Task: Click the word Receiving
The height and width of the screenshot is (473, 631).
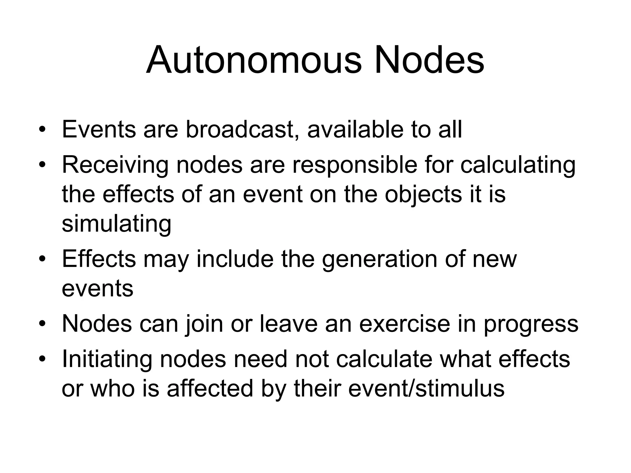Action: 115,165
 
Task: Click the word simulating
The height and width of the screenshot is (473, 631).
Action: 116,224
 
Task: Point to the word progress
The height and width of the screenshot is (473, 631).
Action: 531,324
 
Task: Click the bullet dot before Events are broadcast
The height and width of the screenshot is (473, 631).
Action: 42,130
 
